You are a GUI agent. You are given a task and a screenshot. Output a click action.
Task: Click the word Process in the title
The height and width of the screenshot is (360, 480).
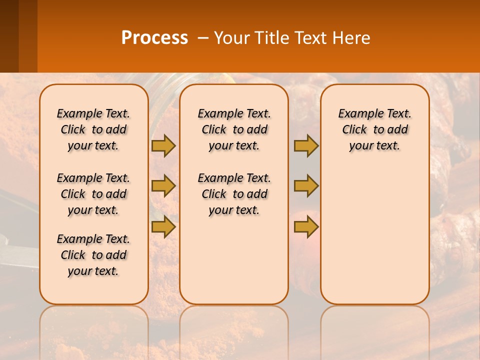click(x=154, y=38)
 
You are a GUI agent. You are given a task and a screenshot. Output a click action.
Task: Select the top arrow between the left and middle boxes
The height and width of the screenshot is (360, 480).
click(x=163, y=145)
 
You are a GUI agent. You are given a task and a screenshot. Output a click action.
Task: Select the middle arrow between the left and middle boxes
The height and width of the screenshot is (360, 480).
click(x=163, y=186)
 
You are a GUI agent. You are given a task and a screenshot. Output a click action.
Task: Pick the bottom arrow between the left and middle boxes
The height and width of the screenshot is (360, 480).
click(x=163, y=227)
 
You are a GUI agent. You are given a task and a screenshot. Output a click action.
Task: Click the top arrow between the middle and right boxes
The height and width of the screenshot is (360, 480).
click(x=306, y=145)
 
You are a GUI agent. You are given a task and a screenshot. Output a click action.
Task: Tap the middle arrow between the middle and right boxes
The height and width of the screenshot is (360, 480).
click(x=306, y=186)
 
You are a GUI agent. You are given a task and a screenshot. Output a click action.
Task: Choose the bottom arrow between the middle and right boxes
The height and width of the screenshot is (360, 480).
click(x=306, y=227)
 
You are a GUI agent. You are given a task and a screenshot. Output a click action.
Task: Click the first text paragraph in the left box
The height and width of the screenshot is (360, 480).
click(x=93, y=129)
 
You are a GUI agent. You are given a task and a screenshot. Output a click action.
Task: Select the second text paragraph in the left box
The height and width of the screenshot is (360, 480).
click(x=93, y=194)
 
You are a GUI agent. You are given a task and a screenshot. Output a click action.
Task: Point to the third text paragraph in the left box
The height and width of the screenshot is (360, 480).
click(x=93, y=255)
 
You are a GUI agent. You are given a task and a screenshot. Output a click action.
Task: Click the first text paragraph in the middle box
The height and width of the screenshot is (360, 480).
click(x=234, y=129)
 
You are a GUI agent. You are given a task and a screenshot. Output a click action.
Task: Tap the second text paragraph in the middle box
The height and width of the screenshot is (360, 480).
click(x=234, y=194)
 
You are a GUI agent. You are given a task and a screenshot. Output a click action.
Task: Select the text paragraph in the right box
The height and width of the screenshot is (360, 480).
click(x=375, y=129)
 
